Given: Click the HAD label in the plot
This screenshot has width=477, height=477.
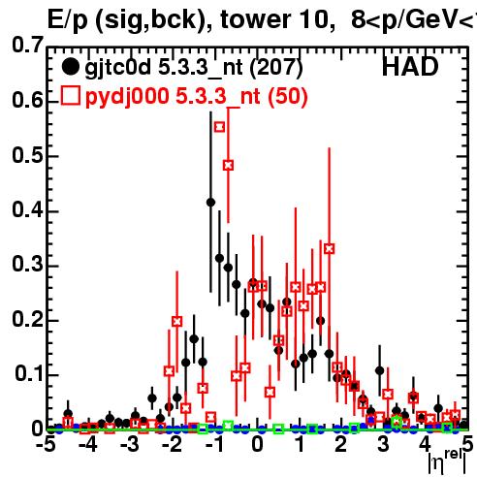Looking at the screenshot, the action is pos(410,67).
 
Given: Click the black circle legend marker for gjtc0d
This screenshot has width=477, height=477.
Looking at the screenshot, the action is pos(70,67).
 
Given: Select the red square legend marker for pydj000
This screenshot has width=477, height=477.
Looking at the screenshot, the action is pos(70,96).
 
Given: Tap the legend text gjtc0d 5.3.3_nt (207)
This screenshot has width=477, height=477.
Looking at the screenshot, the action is pos(194,68).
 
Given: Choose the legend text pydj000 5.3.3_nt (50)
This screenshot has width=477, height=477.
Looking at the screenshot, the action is pos(197,96).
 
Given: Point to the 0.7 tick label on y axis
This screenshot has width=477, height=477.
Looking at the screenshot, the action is pos(28,45).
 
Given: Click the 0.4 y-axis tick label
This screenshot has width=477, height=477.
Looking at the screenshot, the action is pos(28,209).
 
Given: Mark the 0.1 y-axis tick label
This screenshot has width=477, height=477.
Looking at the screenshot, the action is pos(29,374).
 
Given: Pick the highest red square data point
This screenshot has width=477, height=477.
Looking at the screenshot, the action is pos(219,127).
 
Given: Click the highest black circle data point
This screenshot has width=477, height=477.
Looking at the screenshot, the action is pos(210,203).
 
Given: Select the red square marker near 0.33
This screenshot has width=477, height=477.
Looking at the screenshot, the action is pos(330,249).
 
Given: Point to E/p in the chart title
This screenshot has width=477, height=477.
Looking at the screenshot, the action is pos(68,20).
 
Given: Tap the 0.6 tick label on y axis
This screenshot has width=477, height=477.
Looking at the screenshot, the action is pos(28,100).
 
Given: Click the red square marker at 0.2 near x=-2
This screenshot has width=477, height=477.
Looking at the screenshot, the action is pos(176,322).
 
